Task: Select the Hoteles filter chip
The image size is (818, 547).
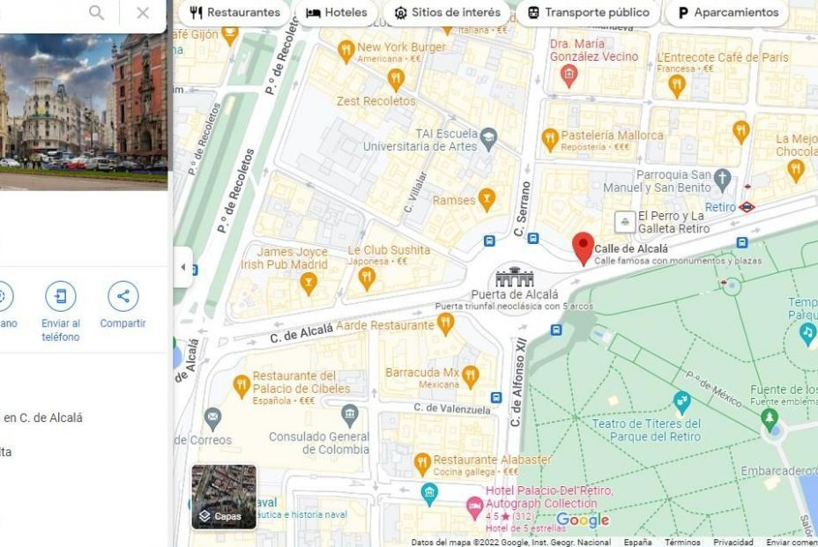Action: click(x=336, y=13)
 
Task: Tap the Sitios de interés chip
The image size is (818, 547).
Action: click(x=448, y=13)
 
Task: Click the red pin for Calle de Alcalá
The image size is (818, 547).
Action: click(x=583, y=248)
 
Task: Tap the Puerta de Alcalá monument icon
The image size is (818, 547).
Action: click(x=515, y=277)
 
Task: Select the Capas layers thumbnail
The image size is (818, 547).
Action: click(x=224, y=497)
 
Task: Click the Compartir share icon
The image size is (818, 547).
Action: click(x=123, y=296)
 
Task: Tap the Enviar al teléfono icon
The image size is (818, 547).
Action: click(x=60, y=296)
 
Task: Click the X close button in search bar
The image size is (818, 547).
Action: click(x=143, y=13)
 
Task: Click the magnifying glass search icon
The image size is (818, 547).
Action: click(x=96, y=13)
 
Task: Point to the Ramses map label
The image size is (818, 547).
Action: click(x=454, y=201)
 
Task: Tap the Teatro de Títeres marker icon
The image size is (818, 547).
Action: click(x=681, y=402)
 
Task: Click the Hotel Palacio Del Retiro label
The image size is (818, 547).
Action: click(x=548, y=491)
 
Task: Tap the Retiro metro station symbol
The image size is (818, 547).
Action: click(x=747, y=208)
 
